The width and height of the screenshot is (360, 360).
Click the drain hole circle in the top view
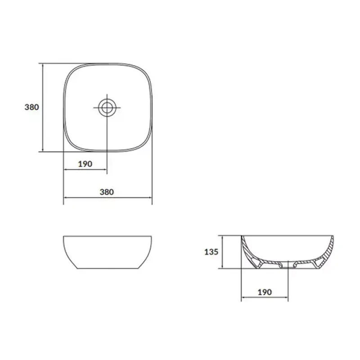[107, 107]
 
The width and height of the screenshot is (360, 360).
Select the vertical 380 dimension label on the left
[31, 107]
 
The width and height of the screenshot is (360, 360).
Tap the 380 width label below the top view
[107, 191]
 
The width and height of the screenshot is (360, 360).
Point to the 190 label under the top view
[85, 164]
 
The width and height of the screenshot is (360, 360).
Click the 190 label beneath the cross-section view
[265, 292]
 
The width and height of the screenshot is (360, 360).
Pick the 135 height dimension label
[211, 252]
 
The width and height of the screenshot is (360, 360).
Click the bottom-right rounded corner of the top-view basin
[143, 143]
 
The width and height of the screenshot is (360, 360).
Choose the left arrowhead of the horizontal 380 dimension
[65, 198]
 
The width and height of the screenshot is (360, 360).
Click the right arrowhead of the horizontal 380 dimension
[150, 198]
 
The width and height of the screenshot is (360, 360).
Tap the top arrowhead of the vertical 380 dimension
[43, 65]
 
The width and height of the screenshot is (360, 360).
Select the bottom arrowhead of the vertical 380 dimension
[43, 149]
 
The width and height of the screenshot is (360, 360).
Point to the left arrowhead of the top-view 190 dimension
[65, 170]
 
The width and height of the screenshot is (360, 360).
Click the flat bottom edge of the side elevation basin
[107, 268]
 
